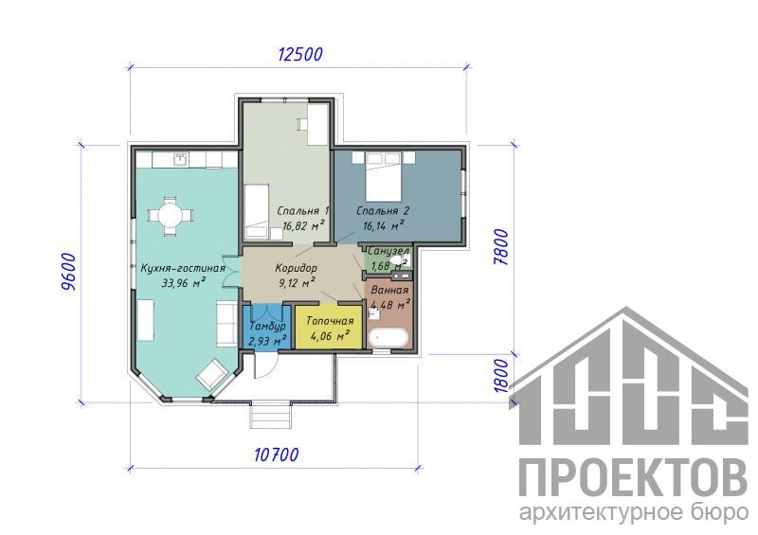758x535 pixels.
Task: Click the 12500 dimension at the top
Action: tap(300, 54)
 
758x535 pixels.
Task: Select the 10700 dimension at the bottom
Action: tap(276, 455)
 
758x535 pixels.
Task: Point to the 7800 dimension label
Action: tap(502, 247)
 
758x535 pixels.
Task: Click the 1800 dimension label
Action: tap(502, 377)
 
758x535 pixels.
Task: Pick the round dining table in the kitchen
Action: tap(170, 215)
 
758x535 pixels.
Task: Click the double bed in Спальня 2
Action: tap(384, 176)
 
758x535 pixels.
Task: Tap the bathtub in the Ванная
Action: tap(388, 338)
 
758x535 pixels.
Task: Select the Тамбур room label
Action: tap(267, 327)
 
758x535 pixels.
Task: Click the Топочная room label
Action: tap(330, 321)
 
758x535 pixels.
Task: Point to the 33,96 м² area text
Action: tap(184, 283)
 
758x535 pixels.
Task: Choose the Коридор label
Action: tap(296, 267)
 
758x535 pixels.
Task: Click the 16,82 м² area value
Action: tap(303, 224)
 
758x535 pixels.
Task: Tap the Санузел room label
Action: tap(388, 251)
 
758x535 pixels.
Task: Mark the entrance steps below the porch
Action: tap(271, 416)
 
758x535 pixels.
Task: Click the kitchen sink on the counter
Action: tap(181, 159)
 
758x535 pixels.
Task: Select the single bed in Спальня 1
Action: tap(256, 211)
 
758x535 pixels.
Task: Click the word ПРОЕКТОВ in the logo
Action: tap(633, 478)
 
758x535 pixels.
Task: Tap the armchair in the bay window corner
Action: tap(212, 374)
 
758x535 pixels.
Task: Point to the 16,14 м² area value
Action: tap(384, 224)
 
